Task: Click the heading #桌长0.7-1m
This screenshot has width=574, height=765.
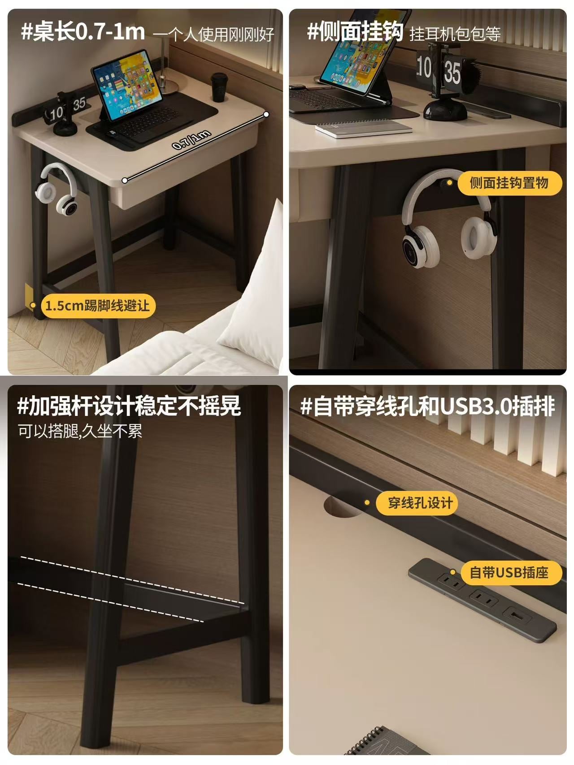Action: pos(83,32)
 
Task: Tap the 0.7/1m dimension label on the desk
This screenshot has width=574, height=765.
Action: pos(191,139)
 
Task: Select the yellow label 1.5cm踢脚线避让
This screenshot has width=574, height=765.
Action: pos(98,306)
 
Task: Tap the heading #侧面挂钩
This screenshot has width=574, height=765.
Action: pos(355,32)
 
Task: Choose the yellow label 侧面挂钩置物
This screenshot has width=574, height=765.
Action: pos(509,183)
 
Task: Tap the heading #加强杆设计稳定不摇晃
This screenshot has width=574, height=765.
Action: pos(129,406)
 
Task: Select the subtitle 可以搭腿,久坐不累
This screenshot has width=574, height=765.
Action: pos(80,431)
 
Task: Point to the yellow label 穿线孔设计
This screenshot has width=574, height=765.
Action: pos(420,503)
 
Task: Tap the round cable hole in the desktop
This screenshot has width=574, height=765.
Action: pos(344,506)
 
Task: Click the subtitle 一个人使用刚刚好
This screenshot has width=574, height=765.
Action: pos(213,35)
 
